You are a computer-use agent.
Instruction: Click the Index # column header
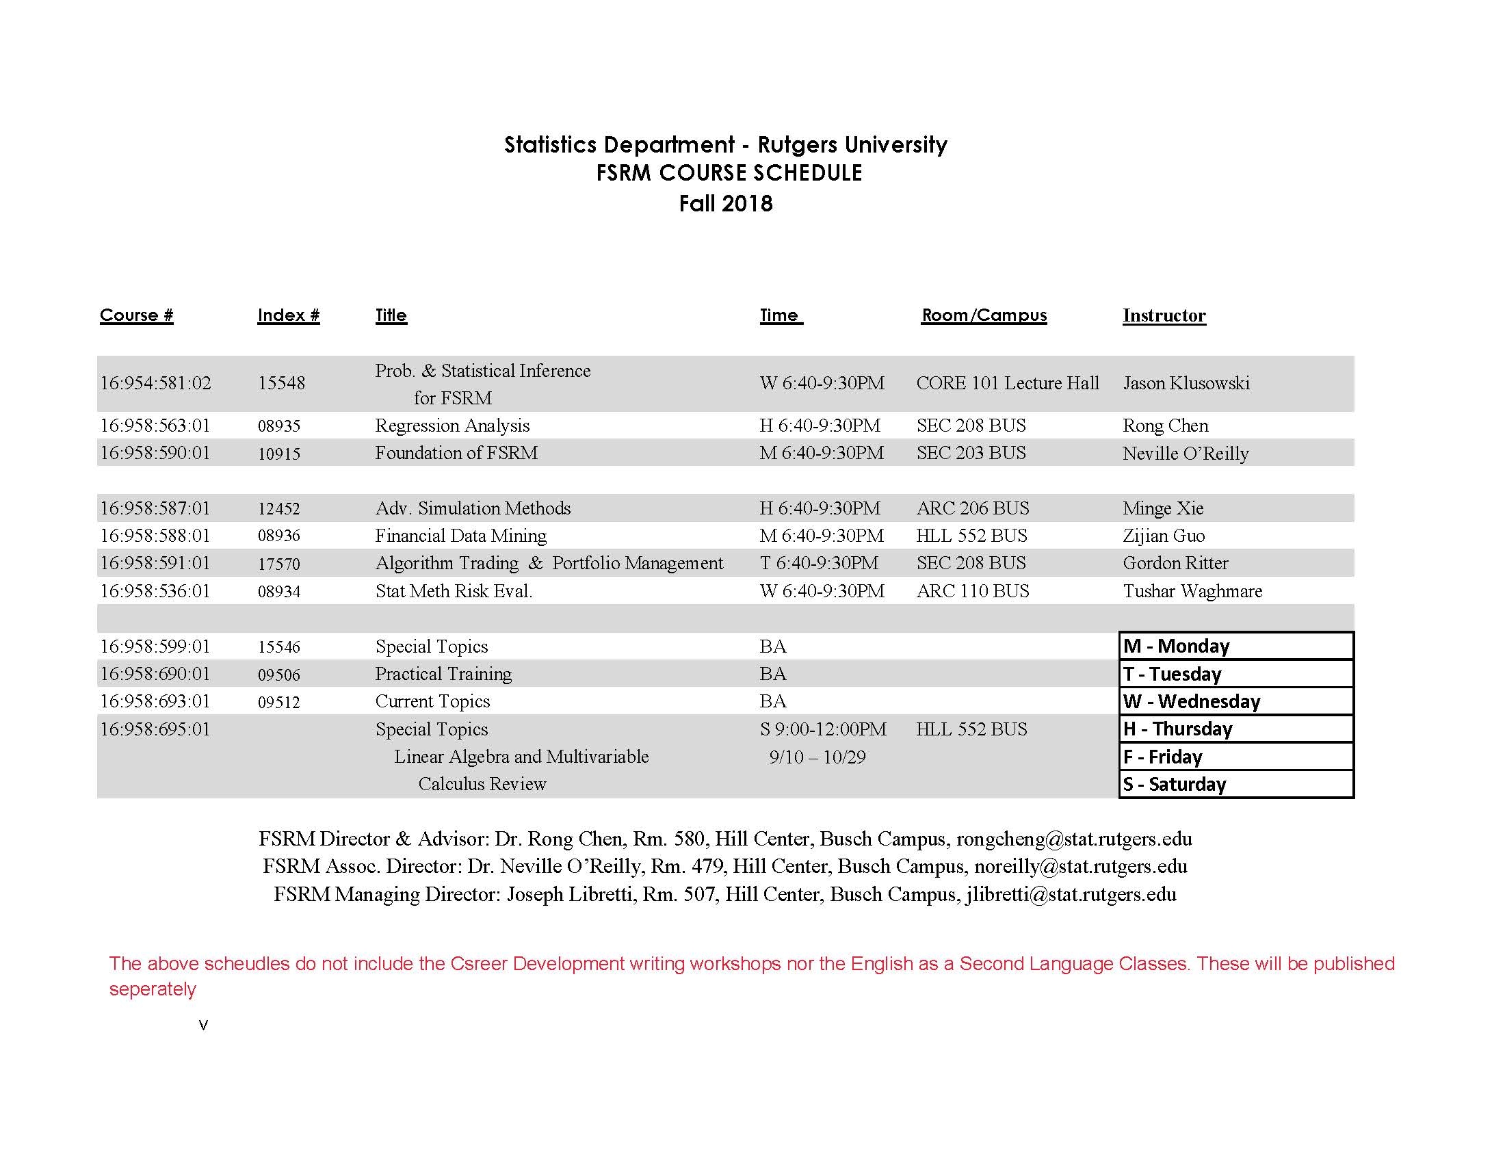288,315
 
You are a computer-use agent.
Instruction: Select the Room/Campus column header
983,315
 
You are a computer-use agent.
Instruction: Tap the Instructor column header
1164,315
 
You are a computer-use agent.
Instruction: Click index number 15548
281,383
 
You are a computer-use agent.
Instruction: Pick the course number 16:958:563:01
155,426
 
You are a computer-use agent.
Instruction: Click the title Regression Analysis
452,426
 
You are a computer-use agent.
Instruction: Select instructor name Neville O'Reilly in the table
1186,454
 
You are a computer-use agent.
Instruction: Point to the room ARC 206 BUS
972,508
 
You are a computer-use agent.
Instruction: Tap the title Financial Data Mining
460,536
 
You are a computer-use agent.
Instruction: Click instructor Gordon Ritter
1175,564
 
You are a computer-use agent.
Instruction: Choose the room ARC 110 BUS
972,591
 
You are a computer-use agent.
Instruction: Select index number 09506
279,675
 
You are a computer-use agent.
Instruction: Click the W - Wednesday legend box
1236,701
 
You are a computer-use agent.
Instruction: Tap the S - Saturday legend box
1236,784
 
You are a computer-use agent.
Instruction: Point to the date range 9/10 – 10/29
817,757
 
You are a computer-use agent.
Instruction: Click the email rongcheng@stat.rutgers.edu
1074,839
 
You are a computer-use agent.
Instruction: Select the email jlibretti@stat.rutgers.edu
1071,894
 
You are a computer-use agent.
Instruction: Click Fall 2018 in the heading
726,204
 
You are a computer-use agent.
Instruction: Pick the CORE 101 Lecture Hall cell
1008,383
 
